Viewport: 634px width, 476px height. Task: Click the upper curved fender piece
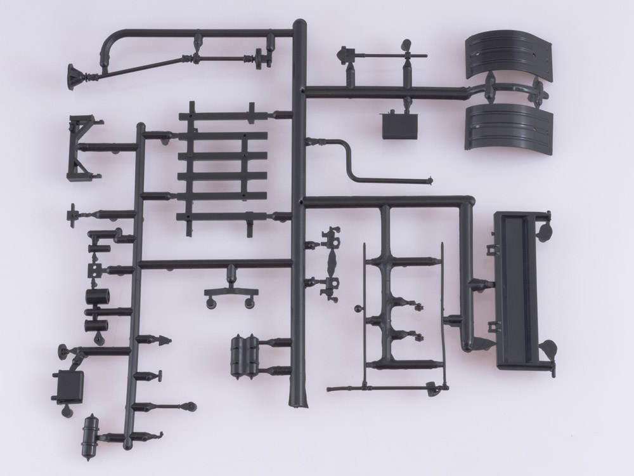tap(507, 57)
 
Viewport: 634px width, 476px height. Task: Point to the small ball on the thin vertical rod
tap(358, 310)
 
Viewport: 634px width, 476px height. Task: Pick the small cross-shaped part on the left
tap(73, 213)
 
